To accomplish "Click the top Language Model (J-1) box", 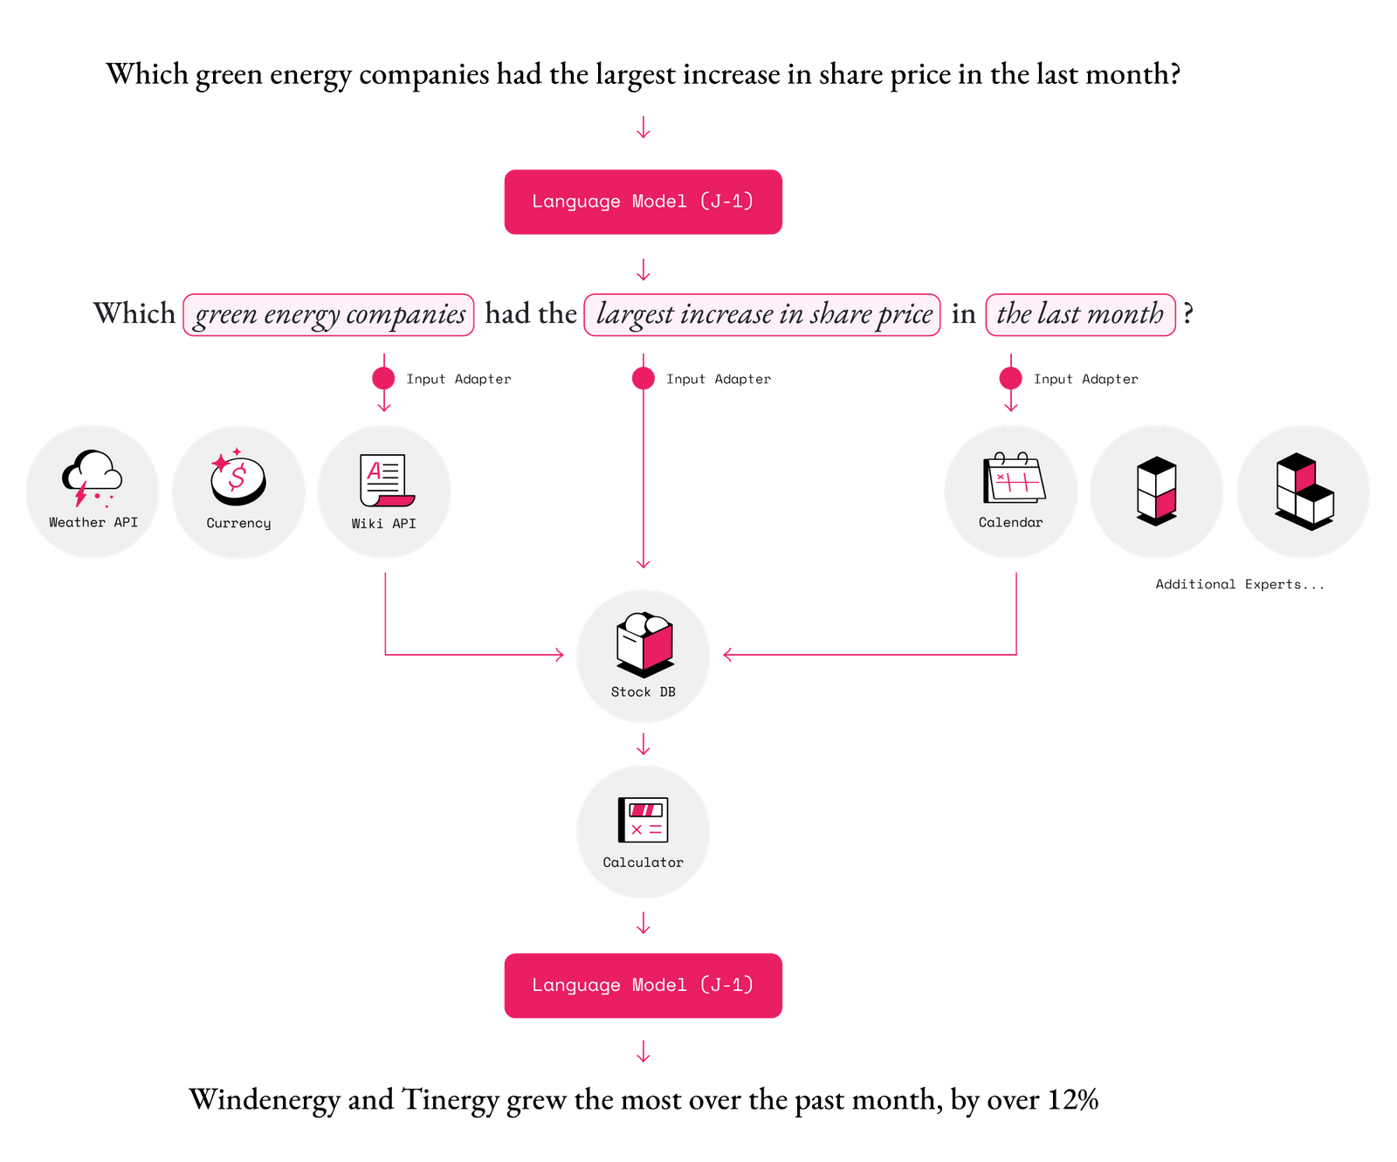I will pos(643,202).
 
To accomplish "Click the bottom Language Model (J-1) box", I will pos(643,986).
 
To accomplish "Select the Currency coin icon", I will pos(237,478).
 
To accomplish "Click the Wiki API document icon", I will pos(385,480).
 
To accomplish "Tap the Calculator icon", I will pos(643,820).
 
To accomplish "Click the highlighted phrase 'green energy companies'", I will pos(328,314).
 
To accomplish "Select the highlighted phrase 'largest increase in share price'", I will pos(762,314).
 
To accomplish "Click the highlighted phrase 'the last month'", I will pos(1080,314).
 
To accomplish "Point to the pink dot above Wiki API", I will pos(383,378).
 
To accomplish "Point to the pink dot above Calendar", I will pos(1010,378).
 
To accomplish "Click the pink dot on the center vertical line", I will pos(643,378).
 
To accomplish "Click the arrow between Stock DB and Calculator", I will pos(643,745).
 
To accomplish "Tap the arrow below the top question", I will pos(643,128).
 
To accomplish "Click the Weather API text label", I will pos(93,522).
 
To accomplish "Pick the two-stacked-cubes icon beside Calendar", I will pos(1157,491).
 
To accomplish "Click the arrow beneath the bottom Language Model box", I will pos(643,1052).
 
